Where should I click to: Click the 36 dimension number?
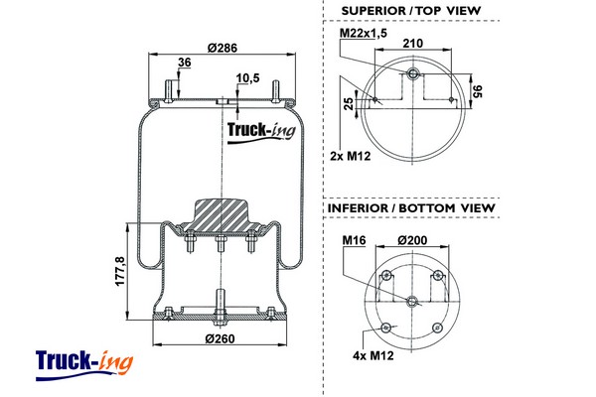click(183, 64)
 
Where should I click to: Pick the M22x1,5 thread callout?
click(362, 34)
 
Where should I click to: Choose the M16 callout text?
click(354, 240)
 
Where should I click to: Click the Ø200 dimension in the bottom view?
click(412, 240)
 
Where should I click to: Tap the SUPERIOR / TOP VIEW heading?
click(410, 11)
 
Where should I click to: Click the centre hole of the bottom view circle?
click(412, 300)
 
